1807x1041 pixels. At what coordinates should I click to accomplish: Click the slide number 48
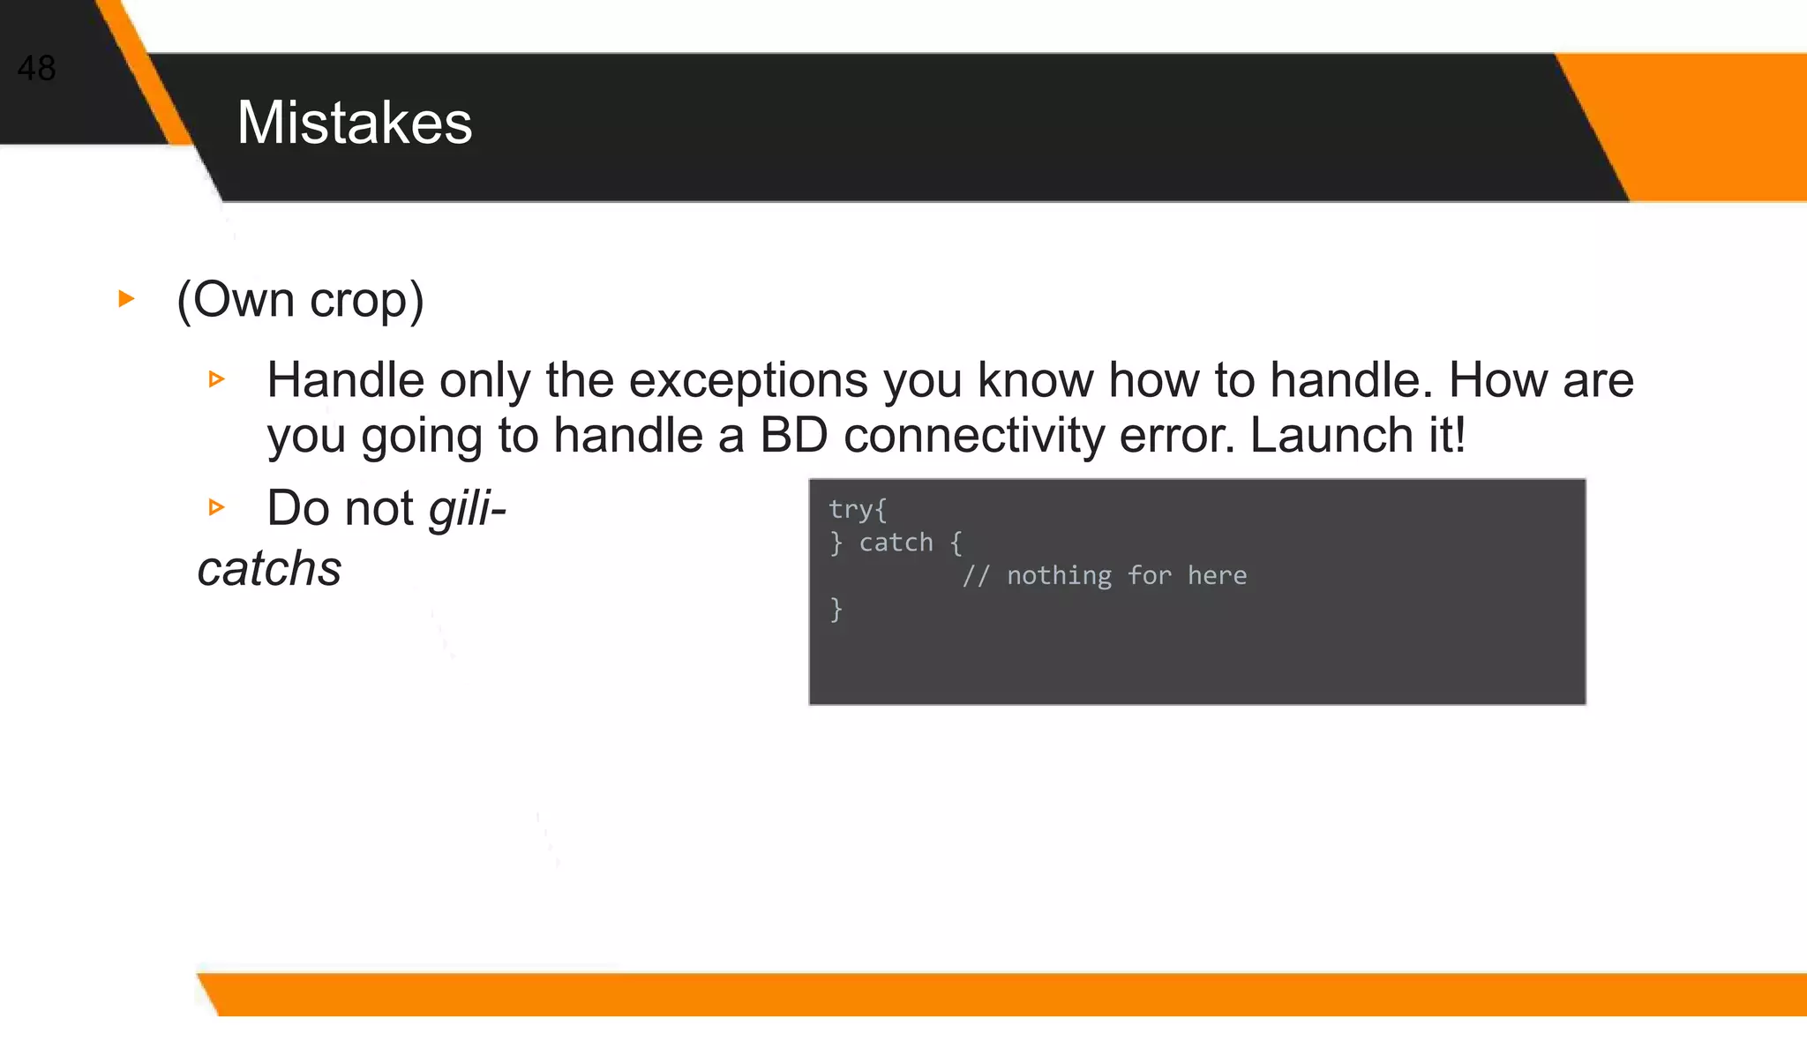coord(36,68)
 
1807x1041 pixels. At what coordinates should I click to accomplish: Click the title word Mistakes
coord(355,123)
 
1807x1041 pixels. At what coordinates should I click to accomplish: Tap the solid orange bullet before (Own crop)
coord(126,299)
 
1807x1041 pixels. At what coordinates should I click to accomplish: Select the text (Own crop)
coord(300,300)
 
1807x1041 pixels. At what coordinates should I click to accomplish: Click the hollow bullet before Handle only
coord(216,379)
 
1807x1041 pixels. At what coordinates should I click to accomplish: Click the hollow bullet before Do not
coord(216,507)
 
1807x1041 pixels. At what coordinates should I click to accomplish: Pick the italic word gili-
coord(467,509)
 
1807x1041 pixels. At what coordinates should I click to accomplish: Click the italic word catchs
coord(269,568)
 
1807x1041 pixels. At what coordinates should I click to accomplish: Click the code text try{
coord(858,509)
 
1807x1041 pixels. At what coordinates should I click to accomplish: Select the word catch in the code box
coord(896,543)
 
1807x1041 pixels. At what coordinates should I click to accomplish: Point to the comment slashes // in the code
coord(976,576)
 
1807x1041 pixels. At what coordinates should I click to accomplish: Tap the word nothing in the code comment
coord(1059,576)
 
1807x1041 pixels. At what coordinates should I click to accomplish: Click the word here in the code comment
coord(1217,576)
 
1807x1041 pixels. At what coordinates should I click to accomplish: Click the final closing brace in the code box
coord(836,609)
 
